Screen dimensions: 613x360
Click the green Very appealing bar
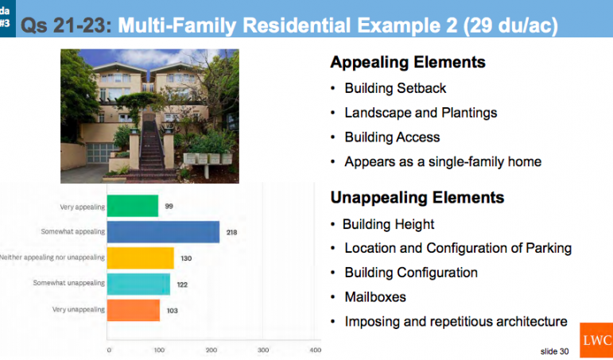coord(133,206)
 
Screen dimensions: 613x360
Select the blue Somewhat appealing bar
coord(163,232)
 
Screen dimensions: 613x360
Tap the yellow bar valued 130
coord(141,258)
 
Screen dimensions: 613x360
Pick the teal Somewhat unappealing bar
coord(138,285)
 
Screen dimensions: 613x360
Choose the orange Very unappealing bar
coord(134,311)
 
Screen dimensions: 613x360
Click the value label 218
coord(232,233)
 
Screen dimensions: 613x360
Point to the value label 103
coord(172,311)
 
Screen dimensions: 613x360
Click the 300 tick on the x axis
coord(263,350)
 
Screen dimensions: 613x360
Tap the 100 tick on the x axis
coord(159,350)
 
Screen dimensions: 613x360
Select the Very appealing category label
coord(82,207)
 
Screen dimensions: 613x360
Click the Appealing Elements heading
coord(408,62)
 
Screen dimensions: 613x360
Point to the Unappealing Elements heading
coord(417,197)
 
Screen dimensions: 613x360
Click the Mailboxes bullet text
coord(375,297)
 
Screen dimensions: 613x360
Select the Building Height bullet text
coord(388,224)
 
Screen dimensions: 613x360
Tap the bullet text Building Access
coord(392,137)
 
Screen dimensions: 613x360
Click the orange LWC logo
coord(596,340)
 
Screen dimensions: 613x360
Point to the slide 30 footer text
coord(554,351)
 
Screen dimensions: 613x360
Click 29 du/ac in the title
coord(510,25)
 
